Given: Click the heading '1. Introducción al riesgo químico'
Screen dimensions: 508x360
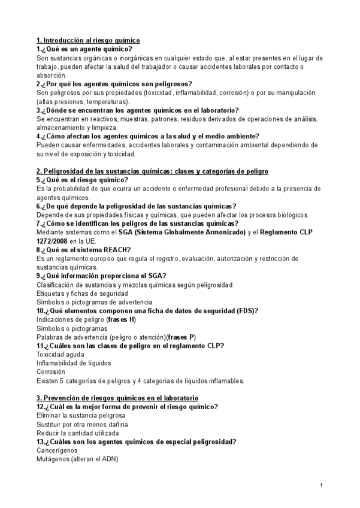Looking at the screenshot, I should click(x=88, y=40).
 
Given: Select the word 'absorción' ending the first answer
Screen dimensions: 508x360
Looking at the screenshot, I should click(x=52, y=75).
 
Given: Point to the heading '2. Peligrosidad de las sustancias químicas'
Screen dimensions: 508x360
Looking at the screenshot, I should click(x=152, y=171).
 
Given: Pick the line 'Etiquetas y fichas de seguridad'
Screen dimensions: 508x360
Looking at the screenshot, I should click(x=82, y=294).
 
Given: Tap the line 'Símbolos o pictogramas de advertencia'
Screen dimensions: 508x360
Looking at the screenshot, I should click(x=94, y=303).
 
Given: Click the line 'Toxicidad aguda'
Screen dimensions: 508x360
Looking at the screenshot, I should click(x=60, y=355).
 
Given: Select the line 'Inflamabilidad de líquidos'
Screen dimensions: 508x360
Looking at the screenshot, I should click(x=74, y=363).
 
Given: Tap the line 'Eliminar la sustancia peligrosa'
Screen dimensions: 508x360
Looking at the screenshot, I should click(x=81, y=415).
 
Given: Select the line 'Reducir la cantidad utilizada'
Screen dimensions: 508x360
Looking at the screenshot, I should click(x=77, y=433).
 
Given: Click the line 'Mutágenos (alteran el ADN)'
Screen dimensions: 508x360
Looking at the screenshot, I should click(x=77, y=459).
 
